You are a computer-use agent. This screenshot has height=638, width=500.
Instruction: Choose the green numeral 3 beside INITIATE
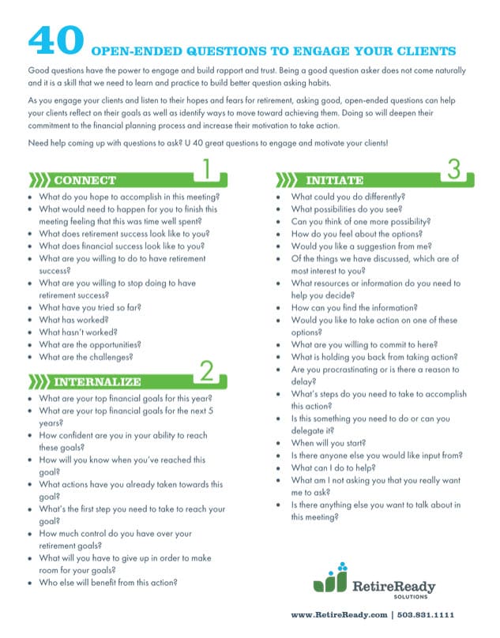(x=453, y=170)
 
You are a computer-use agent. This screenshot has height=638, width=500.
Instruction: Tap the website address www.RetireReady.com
(x=339, y=614)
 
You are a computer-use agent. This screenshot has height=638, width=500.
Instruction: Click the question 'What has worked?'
(x=74, y=319)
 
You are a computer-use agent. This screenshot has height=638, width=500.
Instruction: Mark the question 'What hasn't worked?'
(x=80, y=332)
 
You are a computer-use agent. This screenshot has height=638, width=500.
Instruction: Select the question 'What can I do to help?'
(x=333, y=468)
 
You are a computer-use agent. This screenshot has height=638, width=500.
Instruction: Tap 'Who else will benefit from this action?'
(x=107, y=583)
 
